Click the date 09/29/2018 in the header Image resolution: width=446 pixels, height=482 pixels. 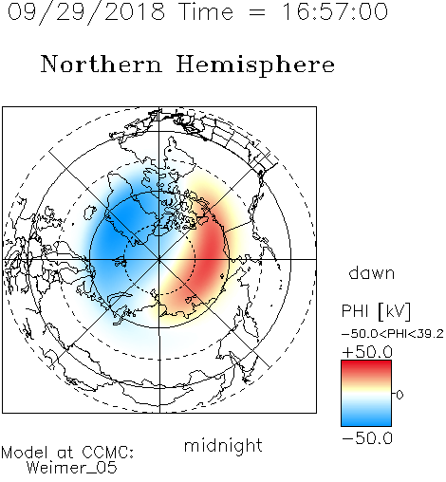click(x=86, y=11)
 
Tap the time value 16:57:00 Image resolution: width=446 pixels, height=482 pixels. click(x=335, y=11)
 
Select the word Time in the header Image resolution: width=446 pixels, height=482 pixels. click(x=206, y=11)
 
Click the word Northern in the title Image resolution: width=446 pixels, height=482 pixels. click(x=101, y=64)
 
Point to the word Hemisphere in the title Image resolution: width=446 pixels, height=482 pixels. click(x=255, y=65)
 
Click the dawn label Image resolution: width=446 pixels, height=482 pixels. click(x=372, y=272)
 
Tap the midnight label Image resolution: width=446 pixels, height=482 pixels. click(x=223, y=445)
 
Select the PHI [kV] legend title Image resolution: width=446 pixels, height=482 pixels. click(x=376, y=311)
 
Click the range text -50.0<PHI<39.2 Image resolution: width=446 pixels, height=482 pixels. click(x=393, y=334)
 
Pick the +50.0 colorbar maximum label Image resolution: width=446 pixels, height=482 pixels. click(x=367, y=352)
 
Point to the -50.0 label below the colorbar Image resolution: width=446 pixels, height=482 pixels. click(x=367, y=438)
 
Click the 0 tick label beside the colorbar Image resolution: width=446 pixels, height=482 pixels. click(x=400, y=395)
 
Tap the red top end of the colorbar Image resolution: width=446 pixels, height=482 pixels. click(x=366, y=363)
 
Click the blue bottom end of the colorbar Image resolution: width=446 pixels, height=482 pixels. click(x=366, y=423)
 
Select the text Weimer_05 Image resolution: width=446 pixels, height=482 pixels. click(x=72, y=468)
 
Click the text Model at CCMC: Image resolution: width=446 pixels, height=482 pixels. click(x=67, y=453)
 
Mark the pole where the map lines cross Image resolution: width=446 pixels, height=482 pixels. click(x=159, y=259)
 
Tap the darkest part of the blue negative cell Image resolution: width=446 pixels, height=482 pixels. click(x=117, y=234)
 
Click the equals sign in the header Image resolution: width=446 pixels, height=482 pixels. click(x=256, y=12)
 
